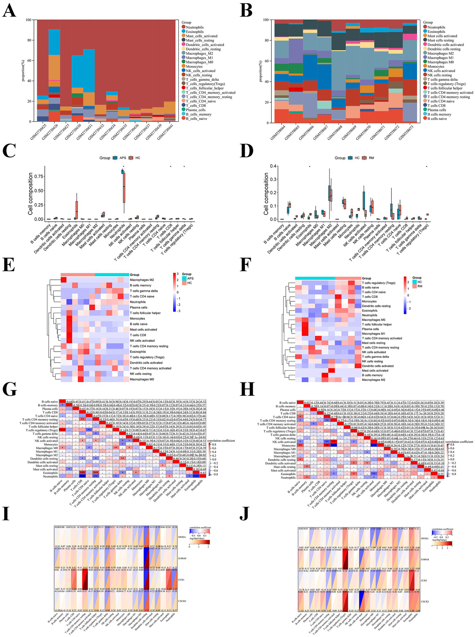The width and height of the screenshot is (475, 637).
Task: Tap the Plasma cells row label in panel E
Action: pos(138,308)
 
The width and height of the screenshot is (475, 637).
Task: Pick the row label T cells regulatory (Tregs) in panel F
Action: pos(379,283)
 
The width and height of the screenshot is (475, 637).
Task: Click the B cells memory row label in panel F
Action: pos(371,375)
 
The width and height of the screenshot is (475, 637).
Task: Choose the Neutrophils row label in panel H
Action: pos(288,478)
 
